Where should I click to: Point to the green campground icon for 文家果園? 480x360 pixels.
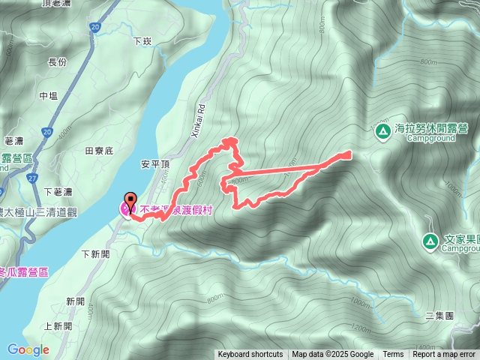click(x=430, y=241)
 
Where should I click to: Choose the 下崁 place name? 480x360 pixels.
click(x=142, y=41)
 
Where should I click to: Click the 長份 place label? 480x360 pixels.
click(x=58, y=62)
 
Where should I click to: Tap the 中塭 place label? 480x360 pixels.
click(x=48, y=96)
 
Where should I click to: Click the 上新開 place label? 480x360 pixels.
click(x=58, y=326)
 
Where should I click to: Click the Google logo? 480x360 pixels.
click(x=28, y=349)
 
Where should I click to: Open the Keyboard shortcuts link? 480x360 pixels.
click(x=250, y=355)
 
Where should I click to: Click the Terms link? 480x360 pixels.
click(x=393, y=355)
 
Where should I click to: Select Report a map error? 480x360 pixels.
click(x=445, y=355)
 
